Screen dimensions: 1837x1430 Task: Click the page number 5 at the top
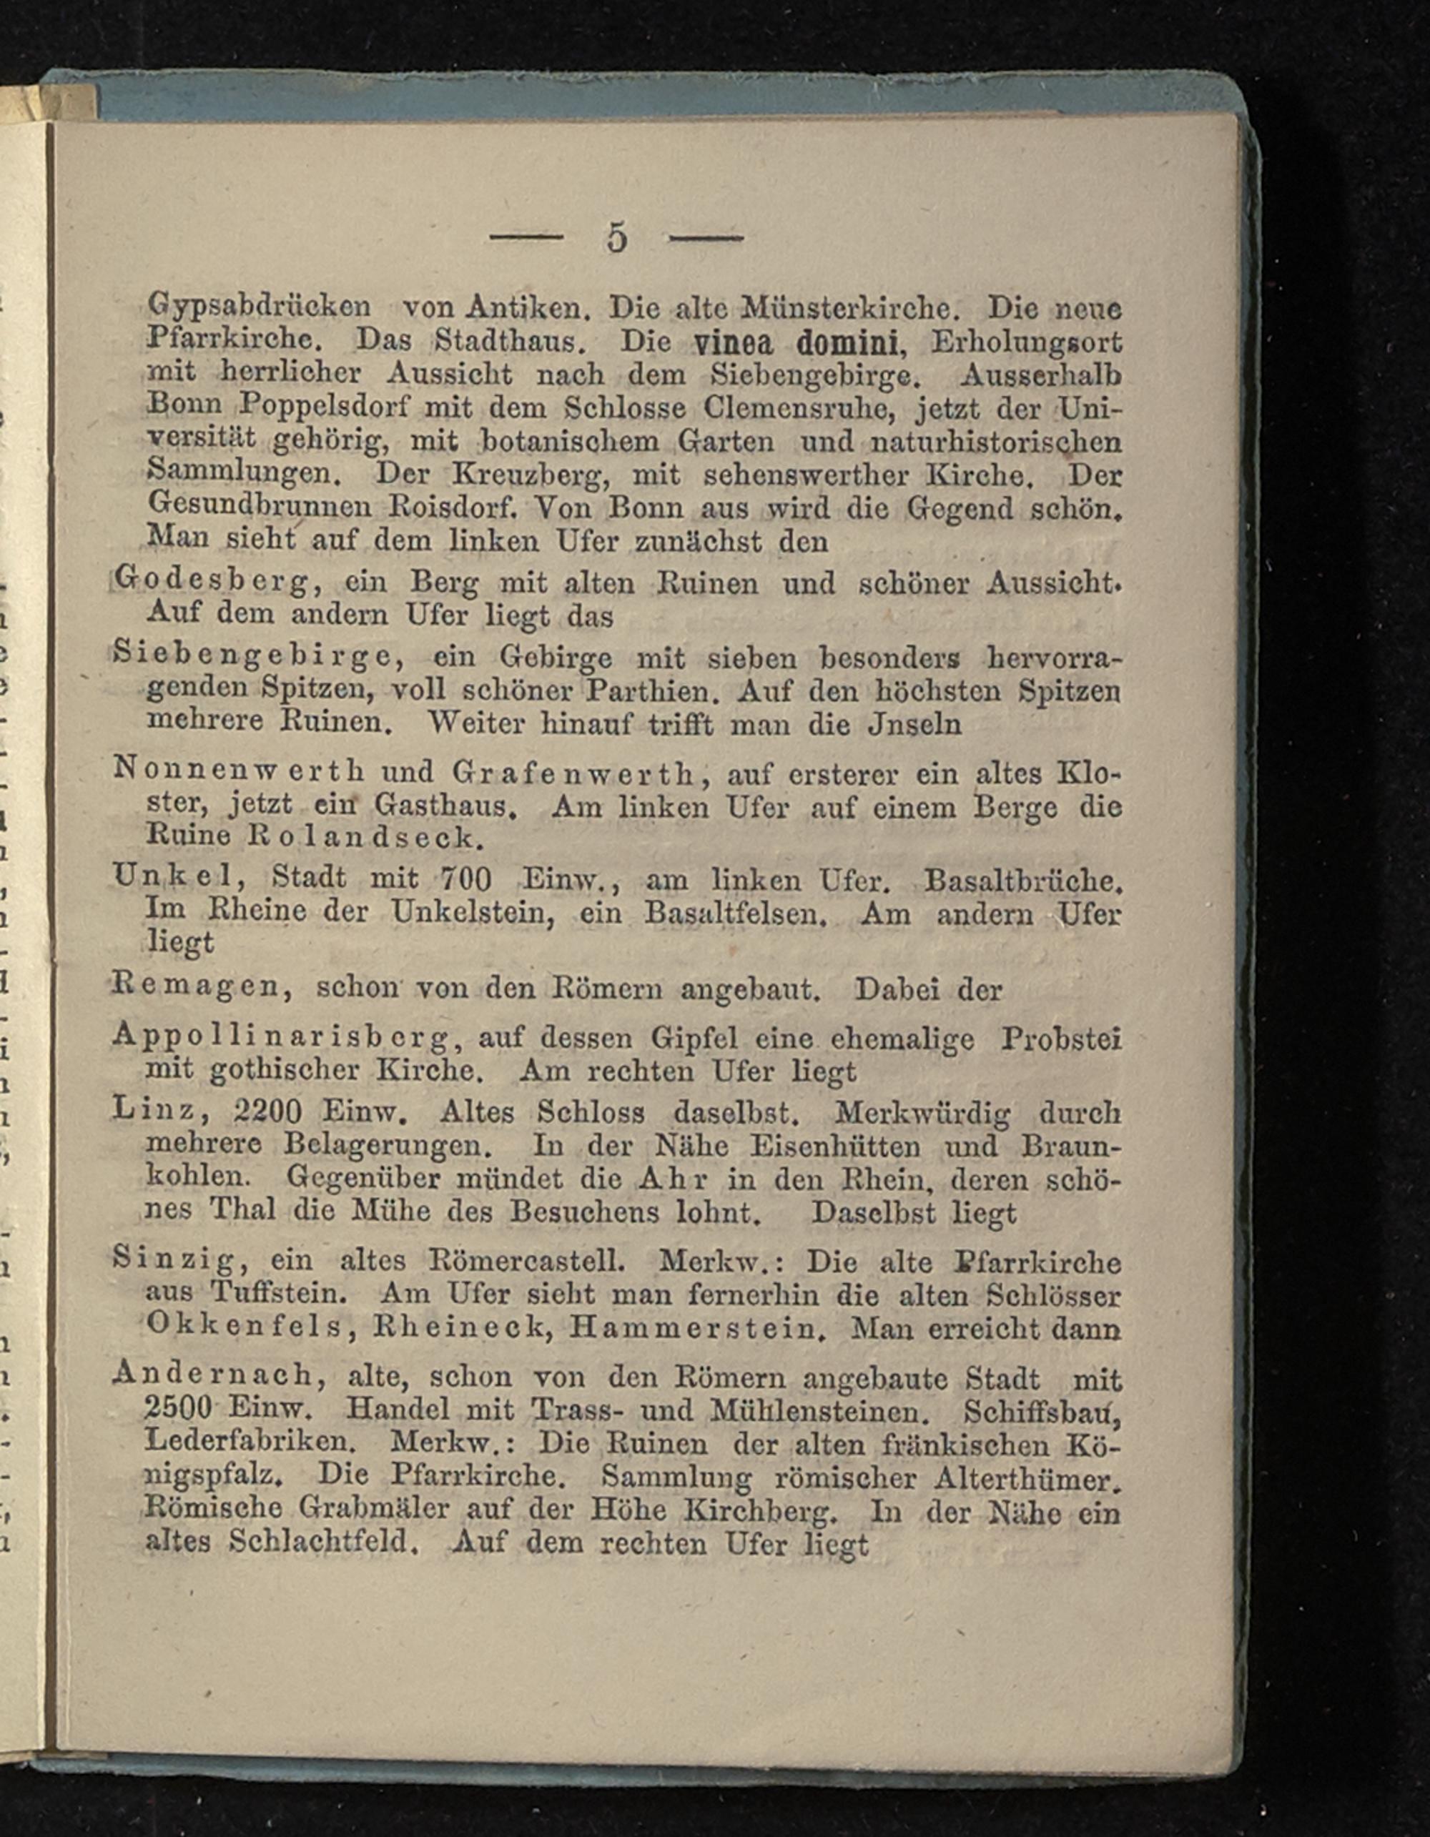tap(616, 238)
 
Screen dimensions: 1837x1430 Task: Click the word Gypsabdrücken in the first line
tap(258, 307)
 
